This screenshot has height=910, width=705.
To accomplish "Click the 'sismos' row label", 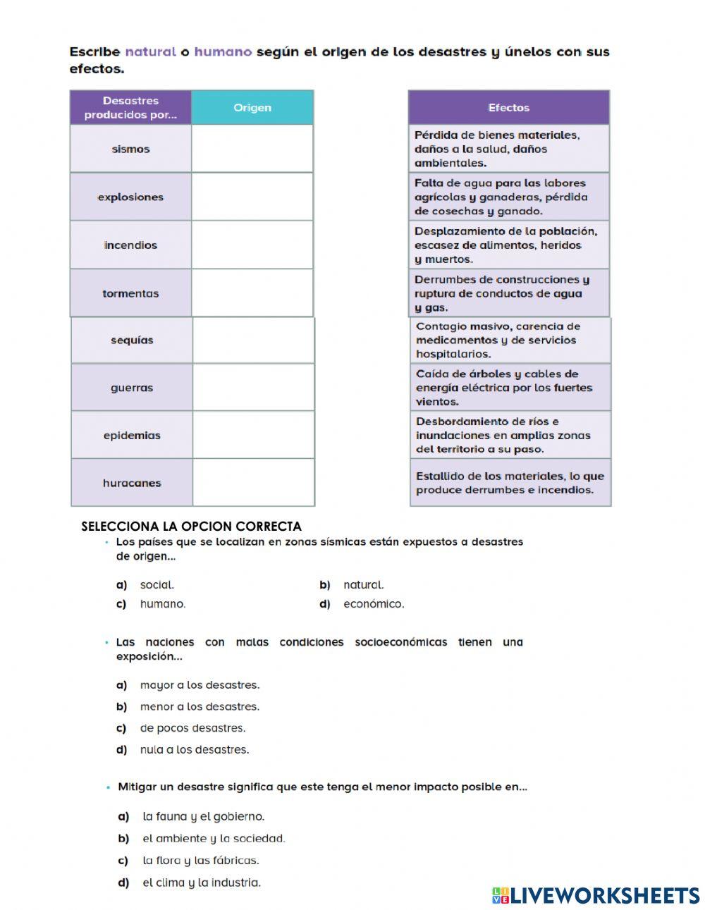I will pyautogui.click(x=130, y=149).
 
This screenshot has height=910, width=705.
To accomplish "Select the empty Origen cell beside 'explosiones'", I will pyautogui.click(x=252, y=197).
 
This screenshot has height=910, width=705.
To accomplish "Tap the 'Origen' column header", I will pyautogui.click(x=252, y=108).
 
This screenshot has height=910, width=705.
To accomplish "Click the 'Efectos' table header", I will pyautogui.click(x=508, y=108).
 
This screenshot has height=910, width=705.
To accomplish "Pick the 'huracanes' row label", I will pyautogui.click(x=132, y=483).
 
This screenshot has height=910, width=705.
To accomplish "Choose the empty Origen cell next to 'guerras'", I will pyautogui.click(x=253, y=388).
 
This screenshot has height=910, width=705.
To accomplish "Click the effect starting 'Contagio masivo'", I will pyautogui.click(x=510, y=340).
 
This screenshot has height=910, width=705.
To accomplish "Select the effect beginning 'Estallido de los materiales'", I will pyautogui.click(x=510, y=483).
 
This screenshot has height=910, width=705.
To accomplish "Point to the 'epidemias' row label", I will pyautogui.click(x=132, y=436).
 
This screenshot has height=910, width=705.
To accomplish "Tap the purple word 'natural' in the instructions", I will pyautogui.click(x=150, y=51).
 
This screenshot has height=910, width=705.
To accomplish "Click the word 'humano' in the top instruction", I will pyautogui.click(x=223, y=51).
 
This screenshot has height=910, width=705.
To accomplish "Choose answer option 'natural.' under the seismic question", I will pyautogui.click(x=363, y=585).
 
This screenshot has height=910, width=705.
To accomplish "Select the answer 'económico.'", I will pyautogui.click(x=374, y=604).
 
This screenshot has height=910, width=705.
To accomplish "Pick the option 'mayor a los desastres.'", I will pyautogui.click(x=200, y=685).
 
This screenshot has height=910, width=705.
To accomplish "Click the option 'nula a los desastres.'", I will pyautogui.click(x=195, y=750).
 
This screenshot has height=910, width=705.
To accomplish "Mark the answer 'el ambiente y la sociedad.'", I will pyautogui.click(x=214, y=839).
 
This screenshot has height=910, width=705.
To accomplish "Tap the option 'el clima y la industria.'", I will pyautogui.click(x=202, y=883).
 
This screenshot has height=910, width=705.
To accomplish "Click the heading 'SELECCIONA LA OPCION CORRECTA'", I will pyautogui.click(x=191, y=527).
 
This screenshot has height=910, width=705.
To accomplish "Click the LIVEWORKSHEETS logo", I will pyautogui.click(x=596, y=895).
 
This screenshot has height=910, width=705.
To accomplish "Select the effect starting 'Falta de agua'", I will pyautogui.click(x=508, y=197).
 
